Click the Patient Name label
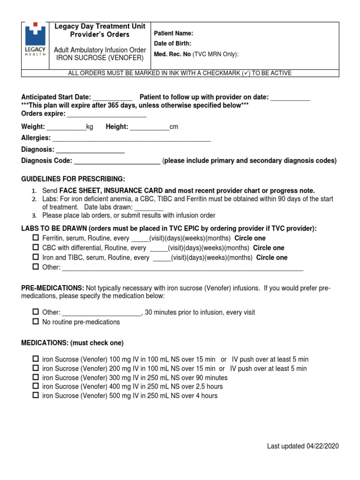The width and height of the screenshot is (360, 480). click(x=173, y=33)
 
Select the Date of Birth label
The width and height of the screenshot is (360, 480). click(x=172, y=44)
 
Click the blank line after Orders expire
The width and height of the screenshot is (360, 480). click(x=107, y=115)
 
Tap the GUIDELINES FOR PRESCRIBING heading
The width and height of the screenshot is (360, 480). click(x=73, y=179)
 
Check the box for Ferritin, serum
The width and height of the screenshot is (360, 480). click(x=36, y=238)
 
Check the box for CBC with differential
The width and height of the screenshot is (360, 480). click(x=36, y=247)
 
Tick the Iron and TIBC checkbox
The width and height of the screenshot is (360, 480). click(x=36, y=257)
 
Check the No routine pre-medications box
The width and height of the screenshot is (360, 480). click(x=36, y=322)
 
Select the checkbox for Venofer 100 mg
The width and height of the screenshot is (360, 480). click(x=36, y=359)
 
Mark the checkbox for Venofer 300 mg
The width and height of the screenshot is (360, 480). click(x=36, y=377)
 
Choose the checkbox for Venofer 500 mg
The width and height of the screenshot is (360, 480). click(x=36, y=395)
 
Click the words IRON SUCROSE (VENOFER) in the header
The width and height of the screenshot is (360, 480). click(x=99, y=58)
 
